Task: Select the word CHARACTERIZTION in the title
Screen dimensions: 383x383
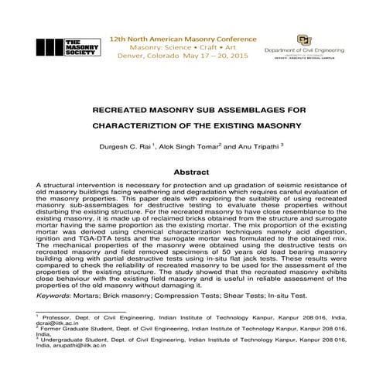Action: [147, 124]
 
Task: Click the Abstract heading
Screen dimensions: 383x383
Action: [191, 172]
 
